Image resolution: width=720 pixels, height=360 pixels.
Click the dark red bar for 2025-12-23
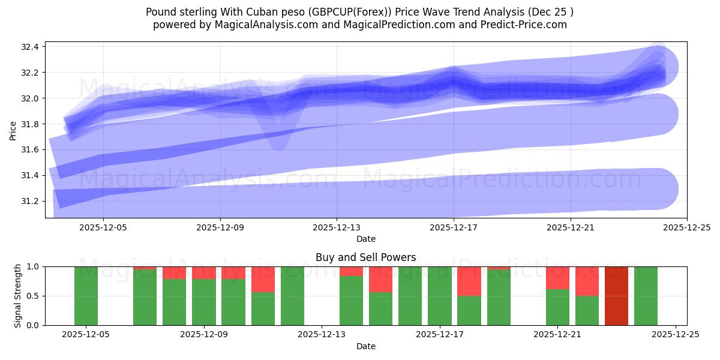point(616,296)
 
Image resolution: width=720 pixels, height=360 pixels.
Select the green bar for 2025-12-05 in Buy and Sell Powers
point(86,296)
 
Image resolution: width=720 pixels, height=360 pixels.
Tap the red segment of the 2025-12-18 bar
point(469,281)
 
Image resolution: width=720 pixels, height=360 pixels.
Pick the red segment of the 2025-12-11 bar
point(263,279)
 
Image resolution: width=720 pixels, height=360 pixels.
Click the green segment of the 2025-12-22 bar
point(587,310)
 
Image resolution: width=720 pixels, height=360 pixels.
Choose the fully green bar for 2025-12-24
point(646,296)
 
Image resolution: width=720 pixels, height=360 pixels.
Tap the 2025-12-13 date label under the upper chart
point(337,227)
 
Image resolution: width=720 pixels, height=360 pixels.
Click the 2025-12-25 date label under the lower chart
point(676,335)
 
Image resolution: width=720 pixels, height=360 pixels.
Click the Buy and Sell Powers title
point(365,257)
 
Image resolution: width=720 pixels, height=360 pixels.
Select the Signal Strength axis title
point(18,296)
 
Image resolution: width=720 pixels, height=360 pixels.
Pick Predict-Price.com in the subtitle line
point(519,25)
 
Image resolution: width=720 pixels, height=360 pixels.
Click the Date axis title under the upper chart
point(365,239)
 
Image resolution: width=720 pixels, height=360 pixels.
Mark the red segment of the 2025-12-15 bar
point(380,279)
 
